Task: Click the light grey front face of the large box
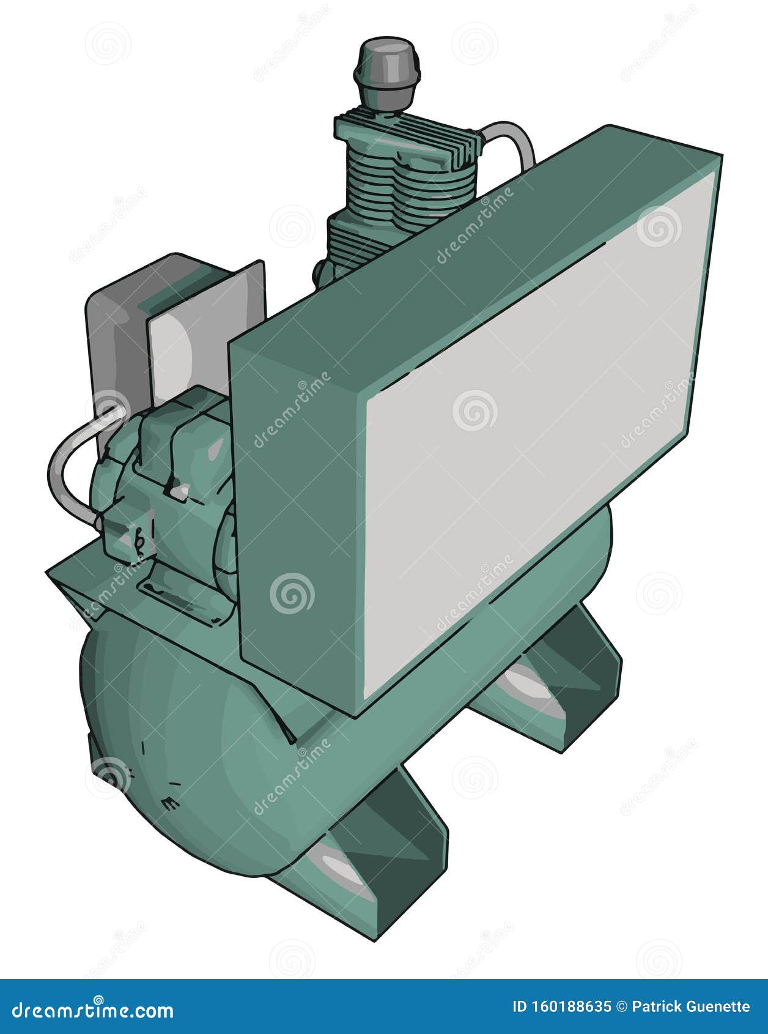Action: point(532,428)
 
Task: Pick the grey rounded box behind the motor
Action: point(116,343)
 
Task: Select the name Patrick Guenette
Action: point(691,1007)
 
